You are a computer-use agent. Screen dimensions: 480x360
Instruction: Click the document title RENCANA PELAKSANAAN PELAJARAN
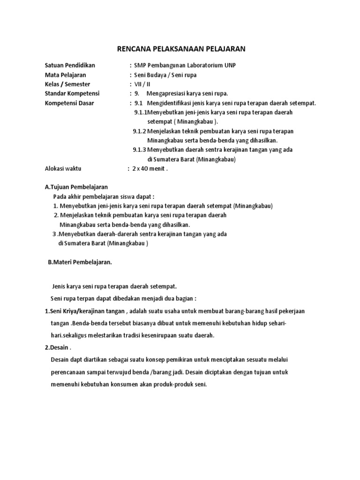pyautogui.click(x=180, y=48)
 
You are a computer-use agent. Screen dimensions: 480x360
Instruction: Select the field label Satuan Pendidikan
pyautogui.click(x=69, y=65)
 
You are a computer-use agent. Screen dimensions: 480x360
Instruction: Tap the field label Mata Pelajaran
pyautogui.click(x=65, y=75)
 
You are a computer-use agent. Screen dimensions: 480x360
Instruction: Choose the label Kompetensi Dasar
pyautogui.click(x=69, y=103)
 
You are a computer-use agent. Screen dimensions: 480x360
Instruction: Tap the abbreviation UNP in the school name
pyautogui.click(x=230, y=65)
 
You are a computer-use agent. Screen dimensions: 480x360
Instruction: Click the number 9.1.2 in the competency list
pyautogui.click(x=139, y=131)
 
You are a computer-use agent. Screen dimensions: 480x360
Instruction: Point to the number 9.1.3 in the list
pyautogui.click(x=139, y=150)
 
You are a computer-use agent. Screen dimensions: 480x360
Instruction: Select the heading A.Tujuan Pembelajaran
pyautogui.click(x=76, y=187)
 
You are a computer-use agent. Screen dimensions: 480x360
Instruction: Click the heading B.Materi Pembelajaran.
pyautogui.click(x=80, y=262)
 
